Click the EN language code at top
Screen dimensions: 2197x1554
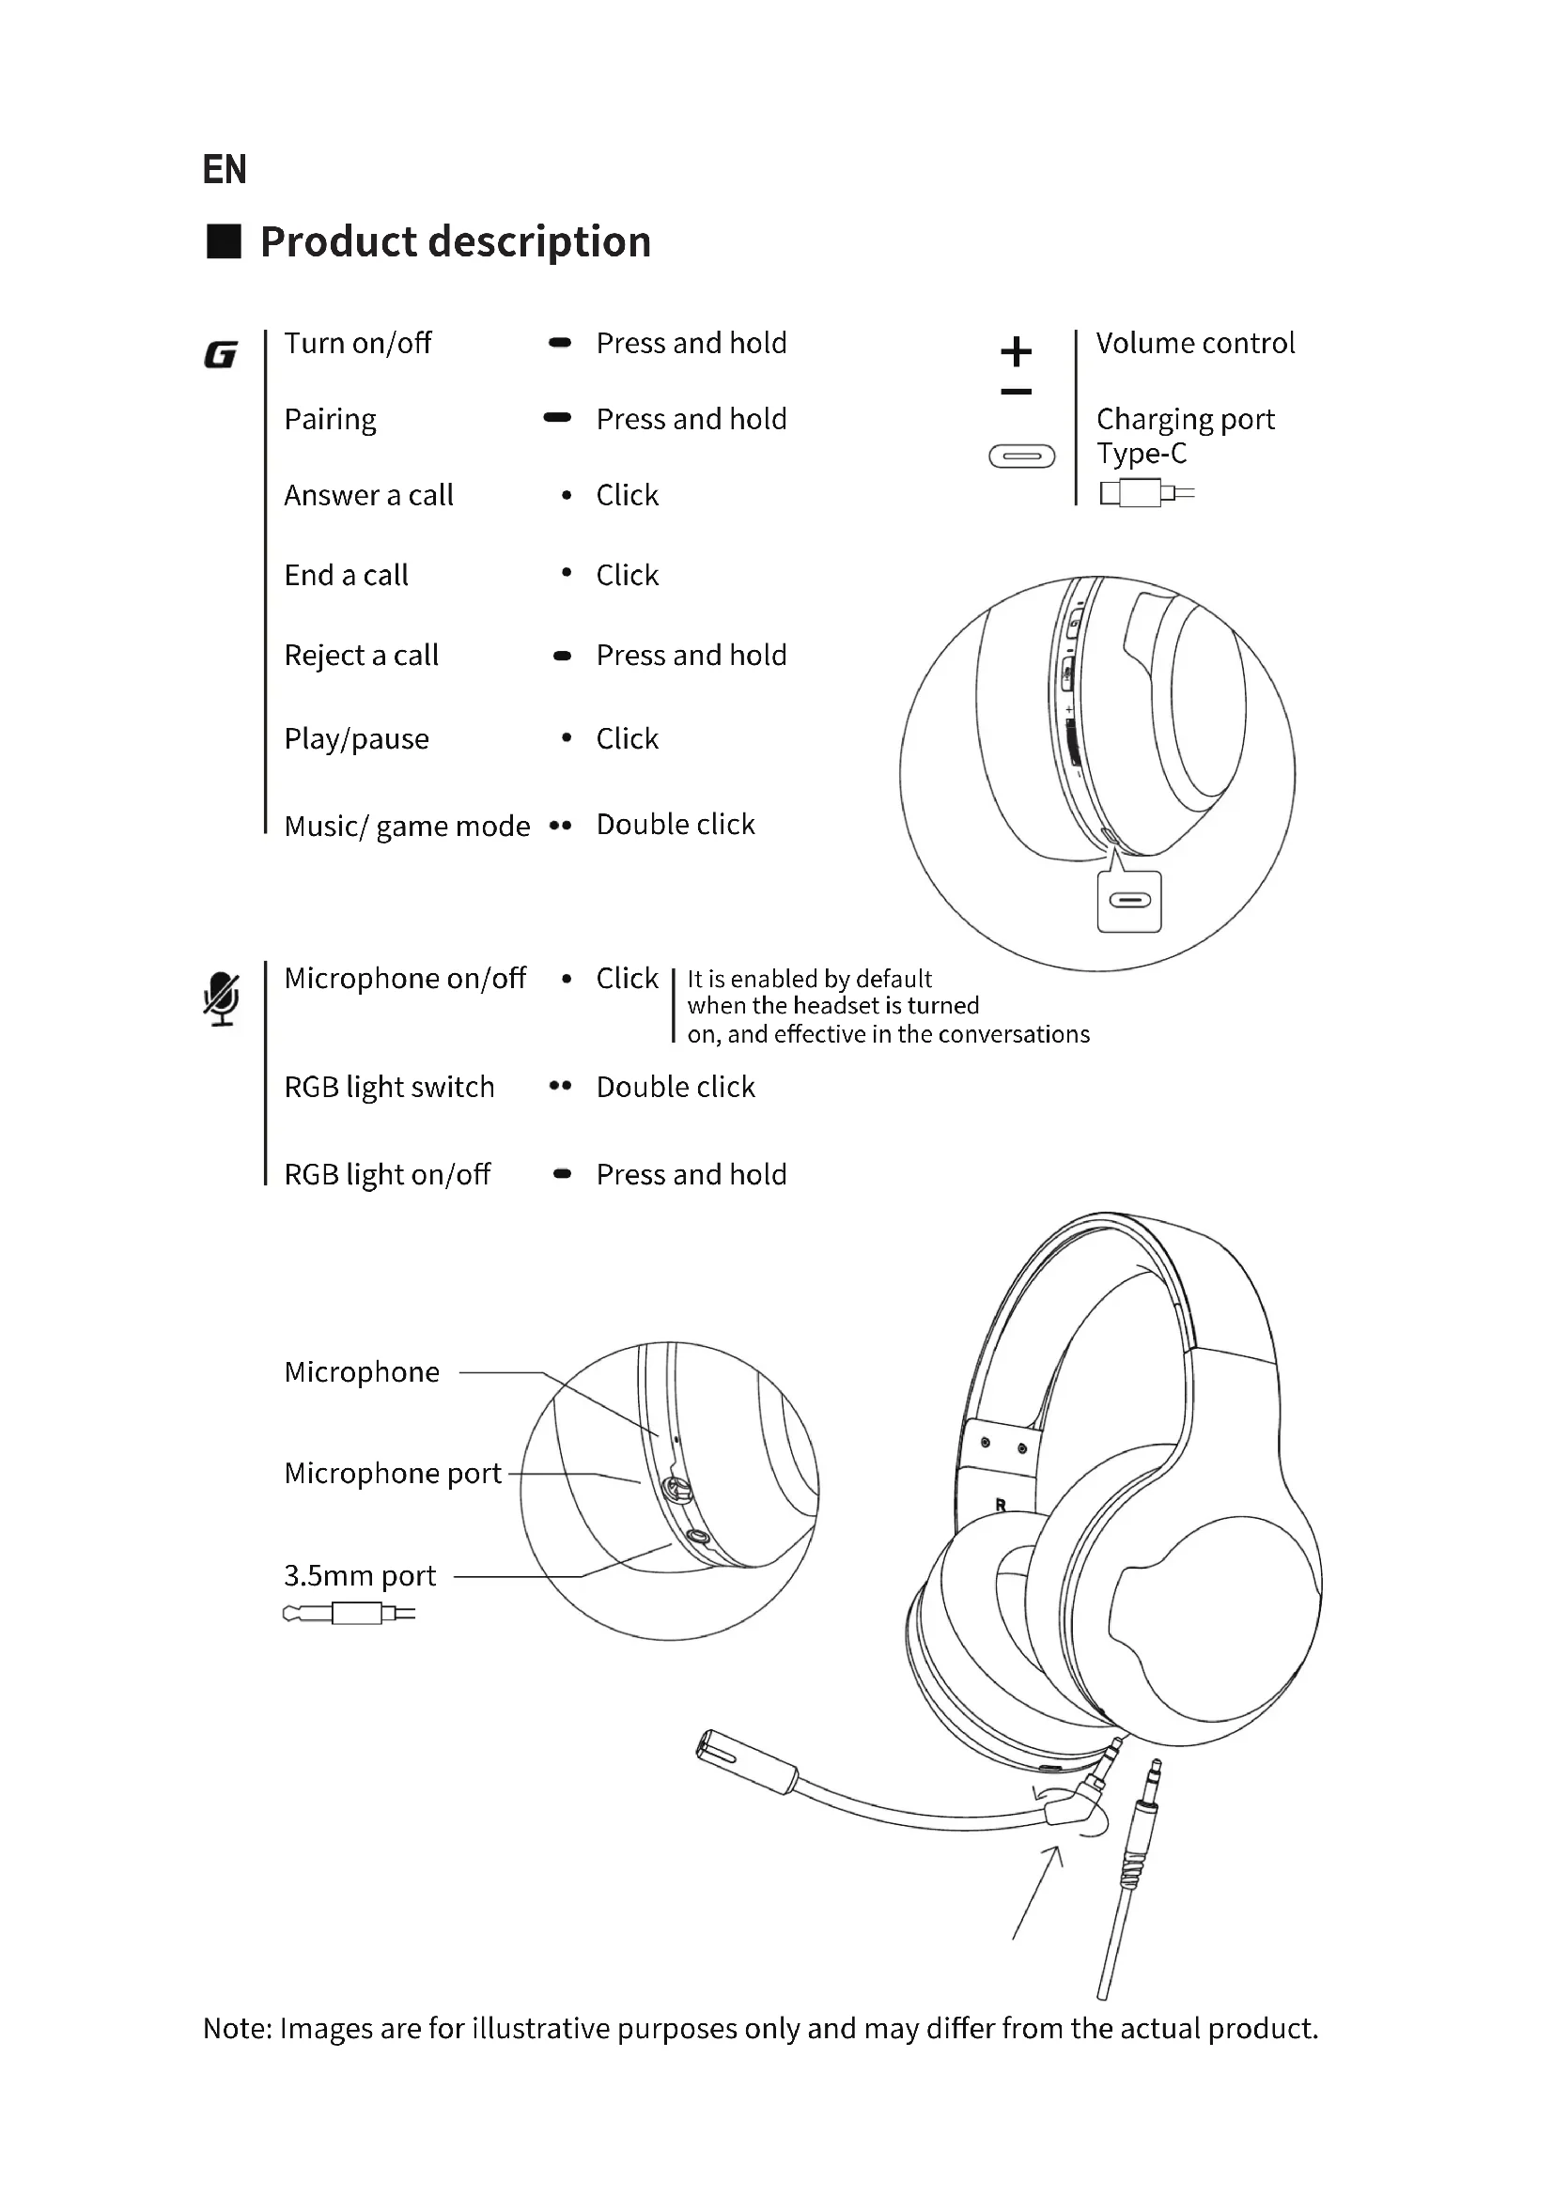click(x=224, y=169)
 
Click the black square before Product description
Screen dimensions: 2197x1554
click(x=224, y=241)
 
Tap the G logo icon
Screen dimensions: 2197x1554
click(x=220, y=355)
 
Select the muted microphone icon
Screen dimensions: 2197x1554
click(x=221, y=999)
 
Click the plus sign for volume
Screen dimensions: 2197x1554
click(x=1016, y=351)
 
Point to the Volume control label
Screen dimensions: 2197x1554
click(x=1195, y=343)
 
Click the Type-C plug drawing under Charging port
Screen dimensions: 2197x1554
click(x=1146, y=494)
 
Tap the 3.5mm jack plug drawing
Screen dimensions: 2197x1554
click(x=349, y=1615)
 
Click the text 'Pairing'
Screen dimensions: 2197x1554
click(x=330, y=419)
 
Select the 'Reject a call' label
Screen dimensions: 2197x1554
click(x=361, y=656)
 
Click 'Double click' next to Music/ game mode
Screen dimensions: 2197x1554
click(x=675, y=824)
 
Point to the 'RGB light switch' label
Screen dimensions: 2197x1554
click(x=389, y=1087)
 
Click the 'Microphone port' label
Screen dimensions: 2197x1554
click(x=393, y=1473)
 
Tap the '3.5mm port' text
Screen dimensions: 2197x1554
click(x=360, y=1575)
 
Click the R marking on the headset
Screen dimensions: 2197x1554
click(x=1000, y=1505)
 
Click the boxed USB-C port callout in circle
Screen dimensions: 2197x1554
click(x=1129, y=902)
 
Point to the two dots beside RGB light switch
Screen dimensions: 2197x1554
click(x=560, y=1086)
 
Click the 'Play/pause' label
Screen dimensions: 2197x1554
click(x=356, y=738)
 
